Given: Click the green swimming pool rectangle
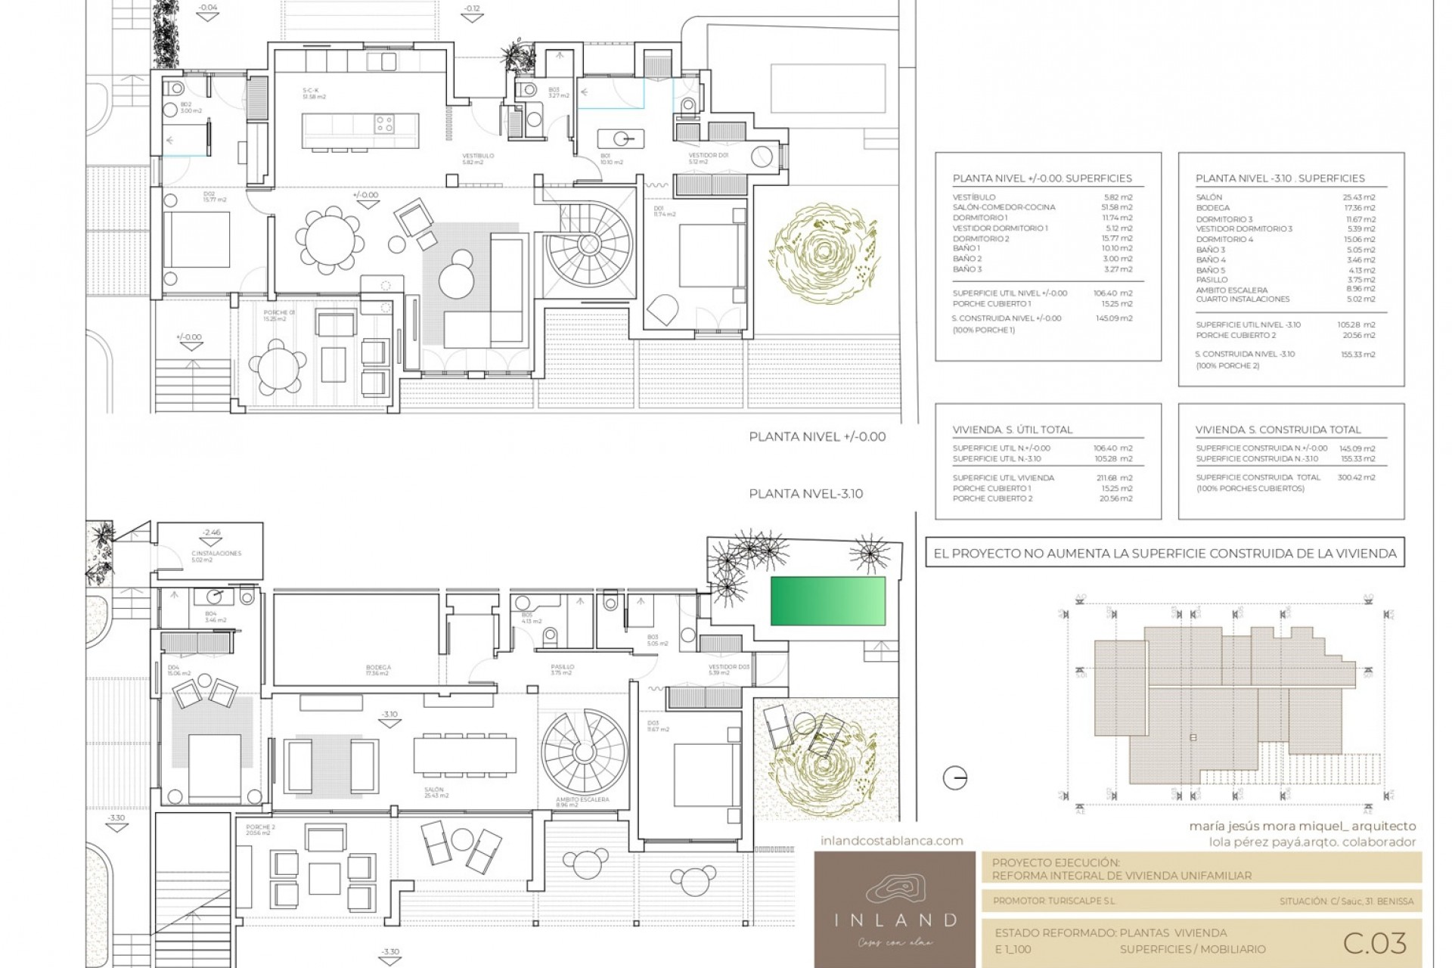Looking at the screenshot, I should pyautogui.click(x=828, y=600).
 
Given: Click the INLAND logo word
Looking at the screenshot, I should pyautogui.click(x=895, y=920).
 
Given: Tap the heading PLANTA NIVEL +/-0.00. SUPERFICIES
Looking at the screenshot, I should pyautogui.click(x=1042, y=178).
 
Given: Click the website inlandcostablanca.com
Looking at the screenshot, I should pyautogui.click(x=892, y=840).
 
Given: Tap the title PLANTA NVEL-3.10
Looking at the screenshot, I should pyautogui.click(x=805, y=494).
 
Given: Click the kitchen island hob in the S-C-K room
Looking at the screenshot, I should pyautogui.click(x=384, y=123).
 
